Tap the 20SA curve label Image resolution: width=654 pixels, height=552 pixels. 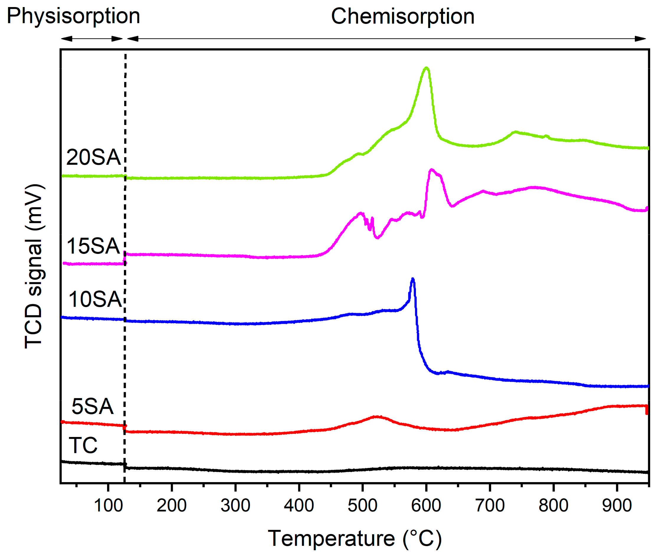click(x=93, y=157)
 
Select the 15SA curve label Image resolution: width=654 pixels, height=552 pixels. click(x=93, y=246)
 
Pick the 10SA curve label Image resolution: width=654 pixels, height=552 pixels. click(x=95, y=299)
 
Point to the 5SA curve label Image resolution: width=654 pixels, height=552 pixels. click(x=92, y=407)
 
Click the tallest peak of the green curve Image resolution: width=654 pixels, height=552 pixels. click(x=426, y=68)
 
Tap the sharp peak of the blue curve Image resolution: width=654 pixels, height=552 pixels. click(x=413, y=279)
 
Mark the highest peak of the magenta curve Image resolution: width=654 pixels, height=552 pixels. click(x=432, y=170)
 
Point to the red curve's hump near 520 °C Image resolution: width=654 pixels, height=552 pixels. click(x=377, y=417)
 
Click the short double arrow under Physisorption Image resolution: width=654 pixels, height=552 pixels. click(x=92, y=39)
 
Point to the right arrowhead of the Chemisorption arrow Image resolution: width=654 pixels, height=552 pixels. click(x=641, y=39)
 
